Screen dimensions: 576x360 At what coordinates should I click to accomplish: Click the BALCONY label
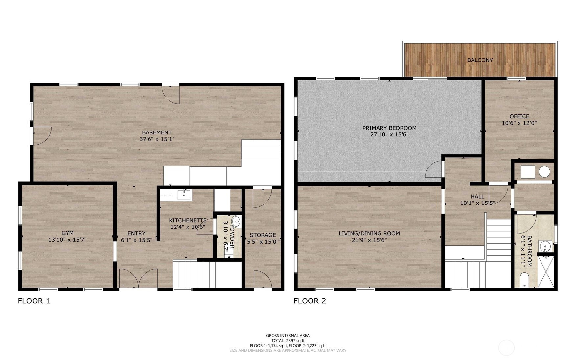click(480, 60)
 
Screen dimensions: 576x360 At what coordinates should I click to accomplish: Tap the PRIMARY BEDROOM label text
click(389, 128)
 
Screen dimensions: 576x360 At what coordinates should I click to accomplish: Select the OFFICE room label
click(519, 116)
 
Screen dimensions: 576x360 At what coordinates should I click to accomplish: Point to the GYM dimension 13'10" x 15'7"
click(67, 240)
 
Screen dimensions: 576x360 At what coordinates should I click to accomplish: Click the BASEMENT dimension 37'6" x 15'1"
click(157, 139)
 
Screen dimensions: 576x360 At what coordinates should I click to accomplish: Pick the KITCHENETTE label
click(188, 220)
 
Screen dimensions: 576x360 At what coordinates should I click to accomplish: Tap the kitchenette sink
click(184, 195)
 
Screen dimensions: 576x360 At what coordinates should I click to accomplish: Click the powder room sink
click(236, 220)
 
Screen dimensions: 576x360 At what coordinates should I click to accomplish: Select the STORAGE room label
click(263, 235)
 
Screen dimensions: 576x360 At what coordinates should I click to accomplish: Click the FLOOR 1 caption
click(34, 301)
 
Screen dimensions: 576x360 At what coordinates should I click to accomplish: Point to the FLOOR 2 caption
click(310, 301)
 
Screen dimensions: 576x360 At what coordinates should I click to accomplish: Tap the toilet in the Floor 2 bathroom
click(525, 279)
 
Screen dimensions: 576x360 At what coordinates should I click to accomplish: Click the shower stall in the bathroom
click(546, 272)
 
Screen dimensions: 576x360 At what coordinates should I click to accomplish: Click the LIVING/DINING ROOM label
click(369, 233)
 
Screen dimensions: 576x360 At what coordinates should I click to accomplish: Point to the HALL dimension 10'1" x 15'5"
click(477, 203)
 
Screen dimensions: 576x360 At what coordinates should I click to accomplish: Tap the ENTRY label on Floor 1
click(136, 233)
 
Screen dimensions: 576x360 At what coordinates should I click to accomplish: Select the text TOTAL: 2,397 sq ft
click(288, 341)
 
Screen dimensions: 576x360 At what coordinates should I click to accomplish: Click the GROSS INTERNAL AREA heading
click(288, 336)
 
